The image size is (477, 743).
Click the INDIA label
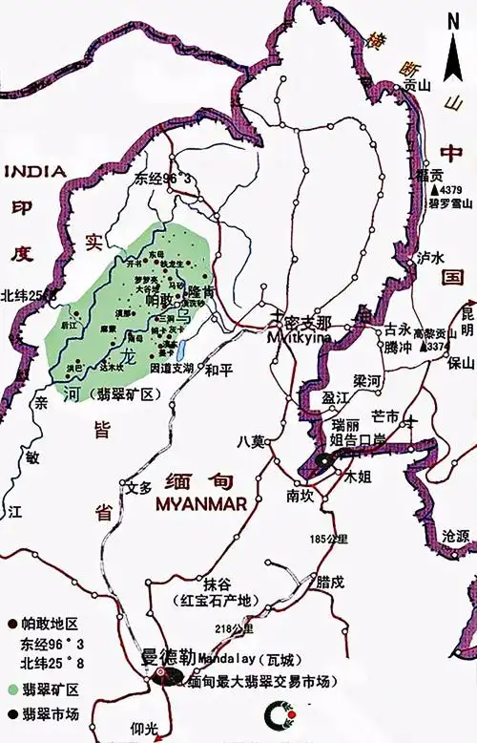coord(35,171)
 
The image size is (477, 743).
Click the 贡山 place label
coord(416,85)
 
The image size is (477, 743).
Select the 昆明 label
coord(467,321)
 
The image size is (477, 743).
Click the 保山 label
coord(460,363)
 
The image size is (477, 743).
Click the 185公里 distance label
coord(325,541)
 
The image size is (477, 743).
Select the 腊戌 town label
coord(330,581)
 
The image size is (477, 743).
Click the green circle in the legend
coord(11,689)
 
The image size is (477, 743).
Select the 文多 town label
coord(139,487)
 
